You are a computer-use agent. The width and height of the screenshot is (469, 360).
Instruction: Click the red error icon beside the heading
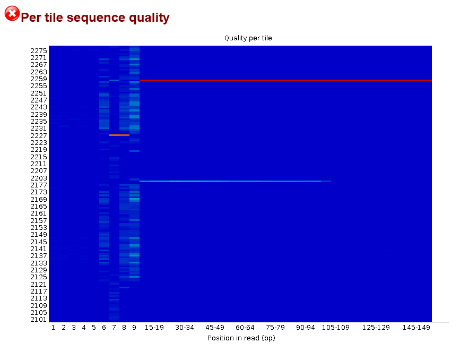[12, 13]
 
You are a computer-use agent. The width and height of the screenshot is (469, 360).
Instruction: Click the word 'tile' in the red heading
[54, 18]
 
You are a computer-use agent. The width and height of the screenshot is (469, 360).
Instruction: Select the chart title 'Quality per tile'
[248, 38]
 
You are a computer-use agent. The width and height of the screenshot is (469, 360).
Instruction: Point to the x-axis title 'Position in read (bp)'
[241, 338]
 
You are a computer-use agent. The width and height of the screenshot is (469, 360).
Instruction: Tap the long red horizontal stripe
[285, 80]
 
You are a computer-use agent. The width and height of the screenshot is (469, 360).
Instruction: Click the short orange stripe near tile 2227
[119, 135]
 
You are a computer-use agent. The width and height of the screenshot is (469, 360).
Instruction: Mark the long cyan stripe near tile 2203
[235, 181]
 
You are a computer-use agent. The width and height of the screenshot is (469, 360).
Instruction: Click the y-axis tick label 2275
[39, 51]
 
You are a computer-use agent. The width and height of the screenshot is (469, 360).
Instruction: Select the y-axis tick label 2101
[39, 320]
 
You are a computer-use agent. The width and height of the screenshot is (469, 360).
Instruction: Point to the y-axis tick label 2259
[39, 79]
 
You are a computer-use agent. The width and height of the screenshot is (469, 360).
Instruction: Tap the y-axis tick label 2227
[39, 135]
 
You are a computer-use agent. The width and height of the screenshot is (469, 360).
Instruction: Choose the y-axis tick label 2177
[39, 185]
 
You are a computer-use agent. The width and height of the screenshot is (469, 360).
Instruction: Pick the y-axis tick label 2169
[39, 199]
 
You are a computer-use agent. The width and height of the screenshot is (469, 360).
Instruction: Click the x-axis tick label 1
[53, 328]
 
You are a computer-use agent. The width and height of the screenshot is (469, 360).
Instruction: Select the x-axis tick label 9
[134, 328]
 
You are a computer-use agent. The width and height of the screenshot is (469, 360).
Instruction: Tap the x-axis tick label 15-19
[154, 328]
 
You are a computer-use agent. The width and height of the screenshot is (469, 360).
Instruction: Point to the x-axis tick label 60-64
[245, 328]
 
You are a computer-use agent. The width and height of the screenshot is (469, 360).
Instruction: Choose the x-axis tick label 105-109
[336, 328]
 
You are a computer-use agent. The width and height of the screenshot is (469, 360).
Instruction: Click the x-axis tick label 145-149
[416, 328]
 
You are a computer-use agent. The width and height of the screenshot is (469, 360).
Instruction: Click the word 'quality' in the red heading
[148, 18]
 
